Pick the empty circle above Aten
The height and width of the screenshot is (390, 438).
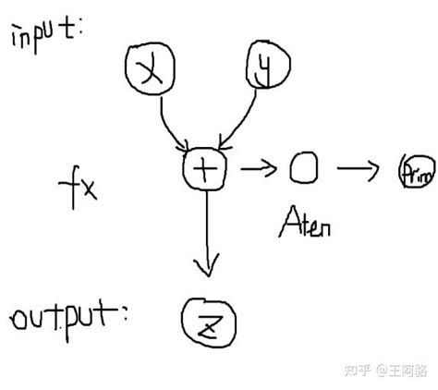(303, 167)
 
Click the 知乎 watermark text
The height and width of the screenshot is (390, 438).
(357, 371)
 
